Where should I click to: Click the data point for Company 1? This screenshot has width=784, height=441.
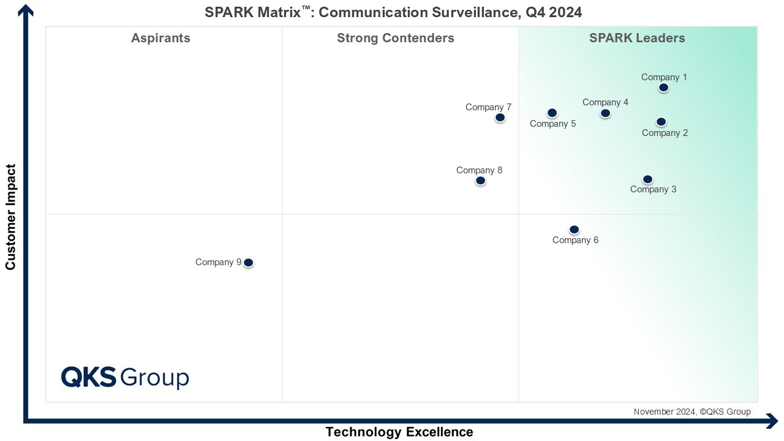pyautogui.click(x=663, y=88)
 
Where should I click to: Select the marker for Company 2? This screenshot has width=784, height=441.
pyautogui.click(x=661, y=122)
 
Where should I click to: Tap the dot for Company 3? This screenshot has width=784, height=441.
pyautogui.click(x=647, y=179)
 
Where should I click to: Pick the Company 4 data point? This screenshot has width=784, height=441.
pyautogui.click(x=605, y=113)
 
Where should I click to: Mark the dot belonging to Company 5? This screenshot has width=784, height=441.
pyautogui.click(x=552, y=113)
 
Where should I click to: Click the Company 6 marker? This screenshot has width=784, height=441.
pyautogui.click(x=574, y=230)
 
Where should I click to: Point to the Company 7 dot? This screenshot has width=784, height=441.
pyautogui.click(x=500, y=118)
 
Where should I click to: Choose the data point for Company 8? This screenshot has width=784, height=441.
pyautogui.click(x=480, y=181)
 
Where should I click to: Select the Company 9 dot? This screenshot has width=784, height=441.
pyautogui.click(x=248, y=263)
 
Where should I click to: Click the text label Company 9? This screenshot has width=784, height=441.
pyautogui.click(x=218, y=262)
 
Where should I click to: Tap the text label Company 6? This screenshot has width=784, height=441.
pyautogui.click(x=575, y=240)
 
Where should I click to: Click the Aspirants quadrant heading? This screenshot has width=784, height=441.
pyautogui.click(x=160, y=38)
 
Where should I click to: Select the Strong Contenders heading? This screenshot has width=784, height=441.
pyautogui.click(x=395, y=38)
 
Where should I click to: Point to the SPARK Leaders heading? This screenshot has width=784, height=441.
pyautogui.click(x=637, y=38)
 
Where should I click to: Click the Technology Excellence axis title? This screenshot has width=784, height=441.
pyautogui.click(x=399, y=432)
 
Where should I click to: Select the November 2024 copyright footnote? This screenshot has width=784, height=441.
pyautogui.click(x=692, y=412)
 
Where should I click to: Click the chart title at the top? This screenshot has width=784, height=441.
pyautogui.click(x=393, y=12)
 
